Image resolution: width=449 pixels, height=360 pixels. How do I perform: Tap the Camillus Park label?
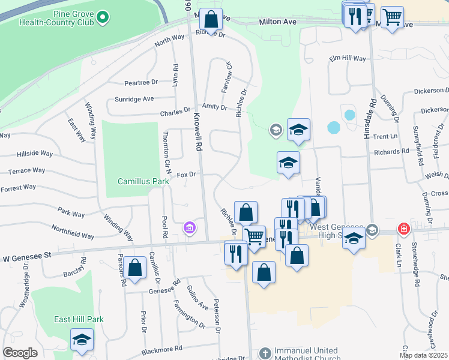[x=143, y=181]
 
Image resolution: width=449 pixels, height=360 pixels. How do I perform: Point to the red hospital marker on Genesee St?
[x=405, y=229]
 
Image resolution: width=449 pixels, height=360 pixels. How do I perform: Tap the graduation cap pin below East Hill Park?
[x=82, y=340]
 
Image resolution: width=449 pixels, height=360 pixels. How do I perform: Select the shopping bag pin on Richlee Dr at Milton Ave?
[x=211, y=19]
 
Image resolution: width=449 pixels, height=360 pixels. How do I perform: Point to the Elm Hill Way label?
[x=347, y=58]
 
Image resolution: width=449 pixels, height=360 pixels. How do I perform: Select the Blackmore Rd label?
[x=161, y=349]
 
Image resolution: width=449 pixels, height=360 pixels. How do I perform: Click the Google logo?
[x=20, y=353]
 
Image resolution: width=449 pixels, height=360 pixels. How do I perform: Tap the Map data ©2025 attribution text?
[x=423, y=355]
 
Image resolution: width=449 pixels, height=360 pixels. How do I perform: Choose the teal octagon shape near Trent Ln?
[x=334, y=128]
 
